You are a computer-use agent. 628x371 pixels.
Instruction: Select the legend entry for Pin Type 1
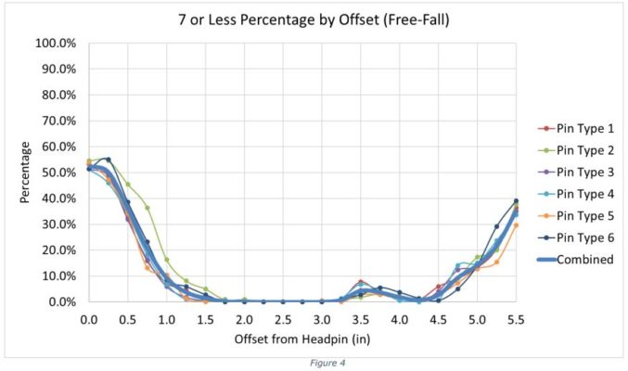point(583,128)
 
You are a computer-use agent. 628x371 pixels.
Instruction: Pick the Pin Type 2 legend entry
point(583,150)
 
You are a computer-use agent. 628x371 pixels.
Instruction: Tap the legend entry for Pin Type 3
point(583,173)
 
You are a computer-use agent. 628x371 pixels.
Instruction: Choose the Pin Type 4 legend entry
point(583,194)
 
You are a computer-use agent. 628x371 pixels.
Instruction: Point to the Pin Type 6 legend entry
point(583,237)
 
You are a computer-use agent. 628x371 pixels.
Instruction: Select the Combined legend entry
point(583,260)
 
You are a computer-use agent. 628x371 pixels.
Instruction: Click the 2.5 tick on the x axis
point(283,319)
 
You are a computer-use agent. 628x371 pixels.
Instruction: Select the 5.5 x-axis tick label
point(516,319)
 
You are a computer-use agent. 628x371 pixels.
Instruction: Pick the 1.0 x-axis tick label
point(167,319)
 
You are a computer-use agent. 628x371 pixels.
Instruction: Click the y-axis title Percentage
point(27,172)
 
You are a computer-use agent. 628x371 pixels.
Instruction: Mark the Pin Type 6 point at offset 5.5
point(516,201)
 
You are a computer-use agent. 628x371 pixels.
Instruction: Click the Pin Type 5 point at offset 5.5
point(516,225)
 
